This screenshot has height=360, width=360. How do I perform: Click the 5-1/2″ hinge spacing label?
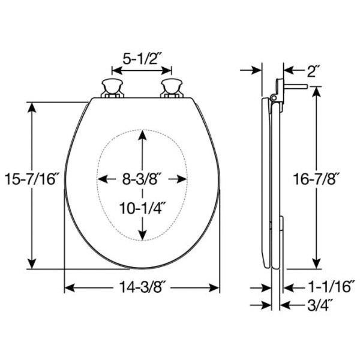[x=141, y=59]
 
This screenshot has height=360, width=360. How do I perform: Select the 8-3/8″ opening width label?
[x=140, y=179]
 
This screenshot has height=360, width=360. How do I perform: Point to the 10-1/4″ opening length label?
[x=143, y=208]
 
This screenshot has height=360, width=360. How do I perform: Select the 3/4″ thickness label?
[x=320, y=305]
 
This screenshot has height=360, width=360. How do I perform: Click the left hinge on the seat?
[x=112, y=89]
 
